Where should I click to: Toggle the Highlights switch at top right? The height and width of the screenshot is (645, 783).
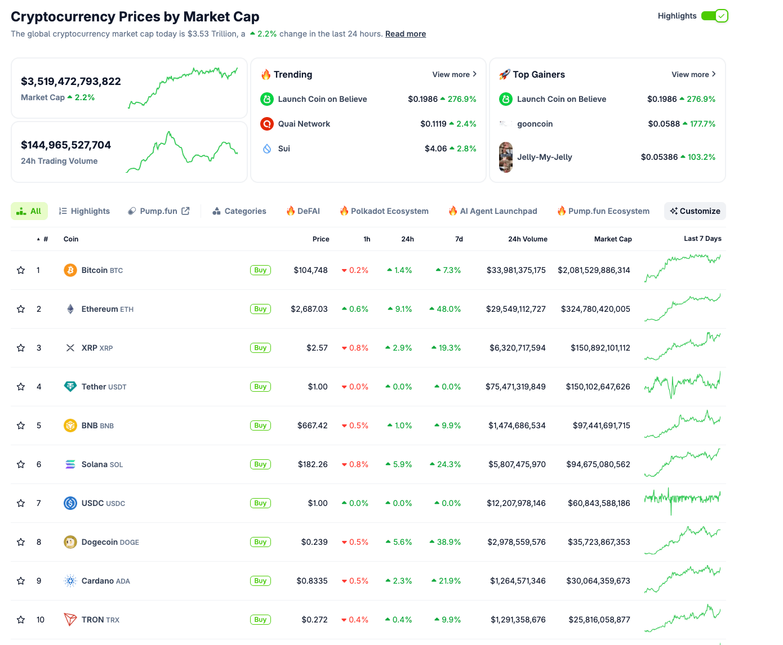[714, 16]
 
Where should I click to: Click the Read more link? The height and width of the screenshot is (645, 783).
[405, 34]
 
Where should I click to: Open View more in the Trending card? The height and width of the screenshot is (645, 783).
[454, 74]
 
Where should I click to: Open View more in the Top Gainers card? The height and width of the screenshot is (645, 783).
[693, 74]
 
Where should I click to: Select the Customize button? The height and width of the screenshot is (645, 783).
[695, 211]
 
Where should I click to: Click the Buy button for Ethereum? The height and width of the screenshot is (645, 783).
[260, 309]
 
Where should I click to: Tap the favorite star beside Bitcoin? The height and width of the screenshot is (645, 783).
[21, 270]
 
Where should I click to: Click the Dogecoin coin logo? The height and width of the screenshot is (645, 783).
[70, 542]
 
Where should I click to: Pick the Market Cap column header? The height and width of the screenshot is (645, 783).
[612, 239]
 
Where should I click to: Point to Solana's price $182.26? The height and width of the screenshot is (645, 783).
[313, 464]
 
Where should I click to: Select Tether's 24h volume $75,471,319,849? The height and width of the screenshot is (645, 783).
[515, 387]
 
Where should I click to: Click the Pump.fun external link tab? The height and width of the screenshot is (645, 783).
[159, 211]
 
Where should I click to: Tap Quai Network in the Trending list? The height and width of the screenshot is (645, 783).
[304, 124]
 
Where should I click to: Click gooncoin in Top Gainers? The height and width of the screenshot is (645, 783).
[535, 124]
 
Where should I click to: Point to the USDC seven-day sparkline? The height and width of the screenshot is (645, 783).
[682, 499]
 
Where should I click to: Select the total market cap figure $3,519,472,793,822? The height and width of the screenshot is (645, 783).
[71, 81]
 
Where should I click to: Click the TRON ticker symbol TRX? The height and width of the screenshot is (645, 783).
[113, 620]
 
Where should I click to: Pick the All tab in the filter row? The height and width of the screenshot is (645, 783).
[29, 211]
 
